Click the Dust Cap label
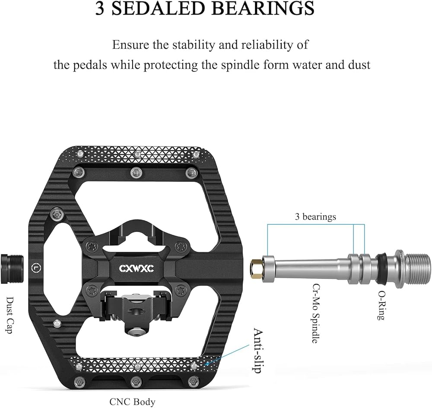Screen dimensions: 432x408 pyautogui.click(x=10, y=315)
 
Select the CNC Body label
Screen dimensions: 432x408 pyautogui.click(x=133, y=402)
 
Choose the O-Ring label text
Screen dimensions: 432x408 pyautogui.click(x=381, y=305)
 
